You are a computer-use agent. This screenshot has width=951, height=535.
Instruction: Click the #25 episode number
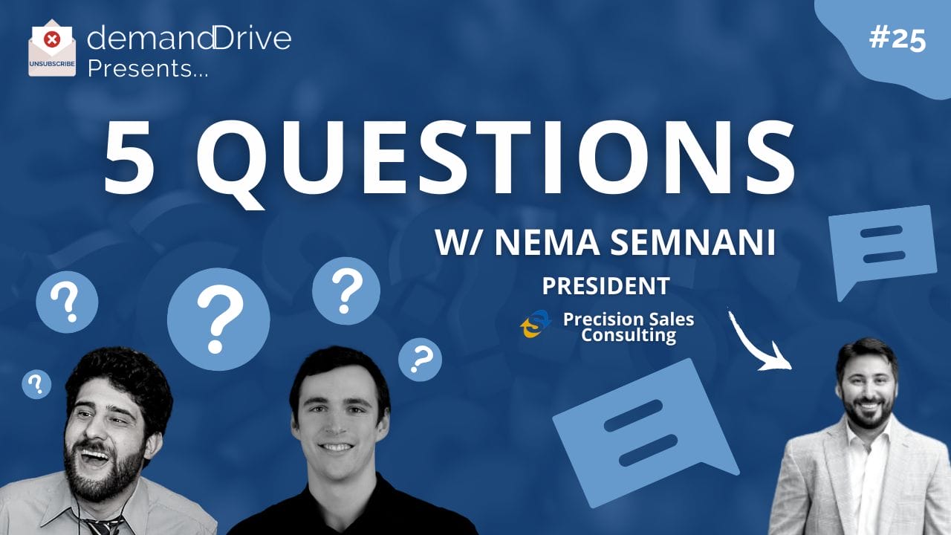[898, 40]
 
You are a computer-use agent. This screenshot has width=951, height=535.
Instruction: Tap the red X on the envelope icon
[52, 40]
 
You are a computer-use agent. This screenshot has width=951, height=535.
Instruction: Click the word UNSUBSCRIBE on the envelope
[52, 64]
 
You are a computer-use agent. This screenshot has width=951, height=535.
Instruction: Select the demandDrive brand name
[189, 38]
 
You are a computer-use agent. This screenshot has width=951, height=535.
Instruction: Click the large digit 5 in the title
[129, 157]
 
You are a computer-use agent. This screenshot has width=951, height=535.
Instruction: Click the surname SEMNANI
[693, 242]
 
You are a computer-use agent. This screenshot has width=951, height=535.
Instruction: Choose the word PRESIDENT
[606, 286]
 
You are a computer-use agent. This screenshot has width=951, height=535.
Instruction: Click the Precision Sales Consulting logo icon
[536, 324]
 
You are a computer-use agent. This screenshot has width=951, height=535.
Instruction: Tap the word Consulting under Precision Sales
[629, 335]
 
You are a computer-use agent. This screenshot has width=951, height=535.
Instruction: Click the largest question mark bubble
[218, 320]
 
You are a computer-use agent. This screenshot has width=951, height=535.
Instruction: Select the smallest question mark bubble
[36, 384]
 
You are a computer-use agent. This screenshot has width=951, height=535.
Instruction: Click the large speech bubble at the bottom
[646, 433]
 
